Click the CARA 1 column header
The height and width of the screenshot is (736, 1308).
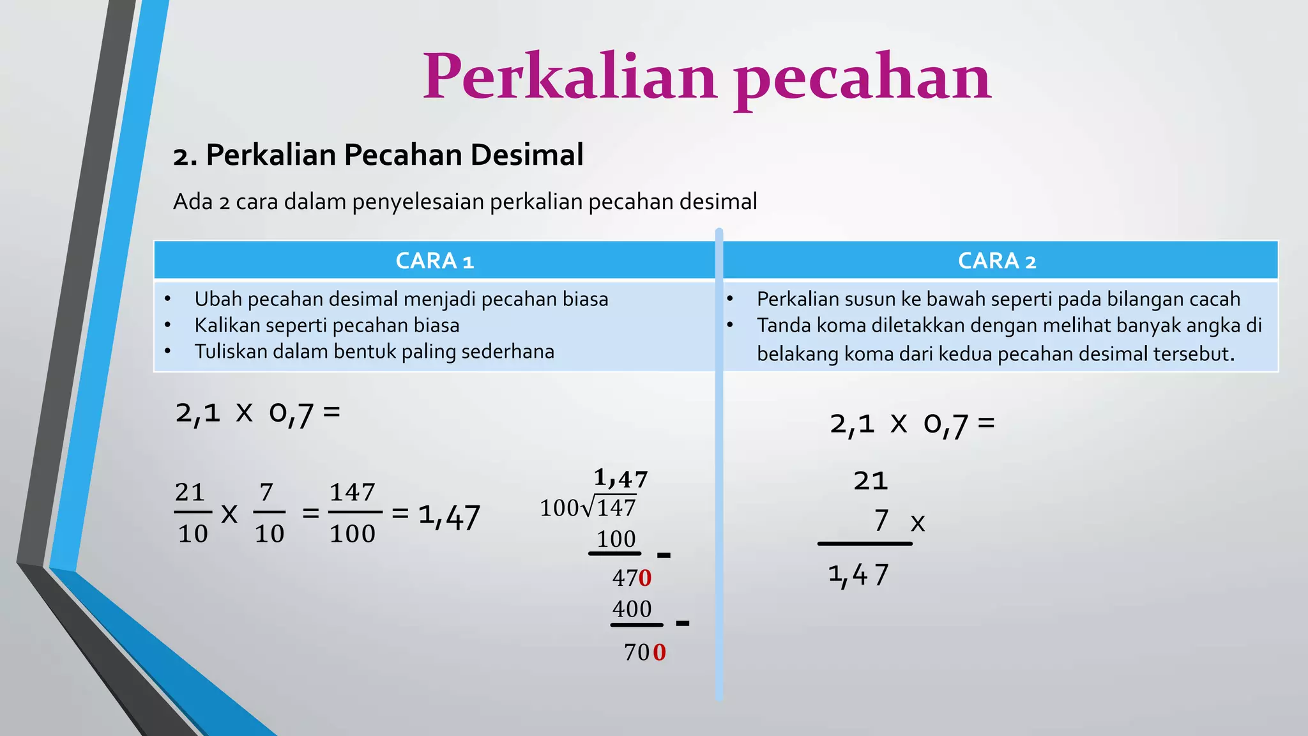click(x=434, y=261)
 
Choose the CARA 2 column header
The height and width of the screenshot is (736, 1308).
click(x=997, y=261)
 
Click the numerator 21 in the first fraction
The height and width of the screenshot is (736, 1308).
click(x=190, y=493)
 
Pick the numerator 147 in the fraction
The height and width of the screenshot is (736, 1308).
click(x=352, y=493)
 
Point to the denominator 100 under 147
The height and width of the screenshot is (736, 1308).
click(x=352, y=533)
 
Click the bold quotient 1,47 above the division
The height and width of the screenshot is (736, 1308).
click(x=620, y=478)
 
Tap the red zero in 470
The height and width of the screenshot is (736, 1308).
click(x=645, y=578)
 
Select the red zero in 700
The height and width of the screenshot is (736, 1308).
click(x=659, y=652)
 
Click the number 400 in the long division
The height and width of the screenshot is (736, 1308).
click(x=632, y=609)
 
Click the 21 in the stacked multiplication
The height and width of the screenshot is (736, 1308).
click(x=871, y=480)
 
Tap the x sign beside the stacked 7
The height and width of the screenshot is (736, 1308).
click(x=918, y=523)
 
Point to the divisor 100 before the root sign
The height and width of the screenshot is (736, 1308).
click(x=559, y=509)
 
